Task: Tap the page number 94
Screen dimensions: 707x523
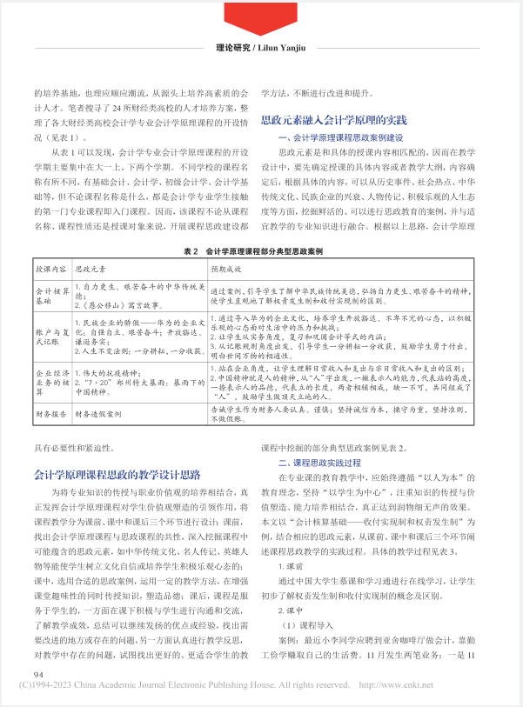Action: click(x=38, y=674)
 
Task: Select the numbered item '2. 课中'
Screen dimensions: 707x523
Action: click(x=292, y=604)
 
